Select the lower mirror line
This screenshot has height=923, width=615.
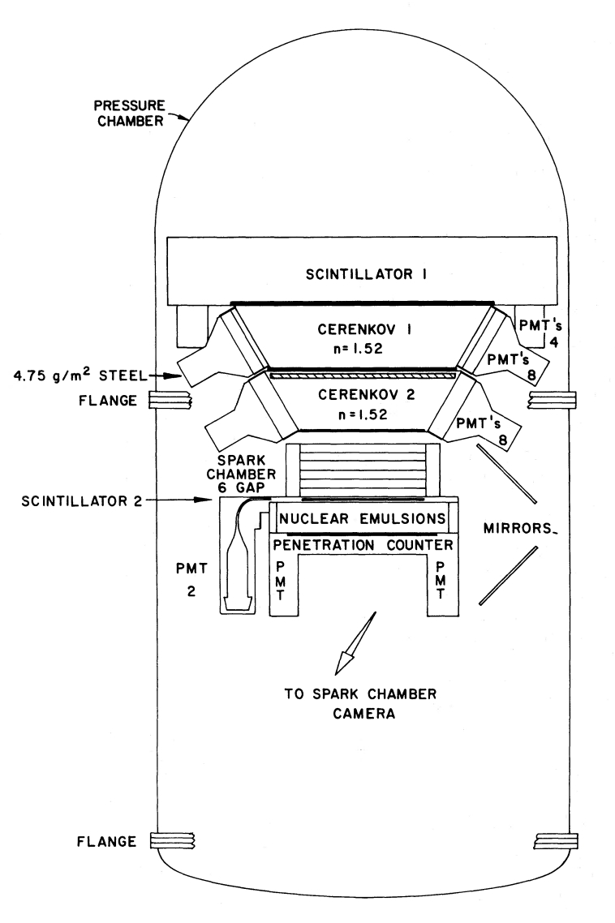click(509, 574)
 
